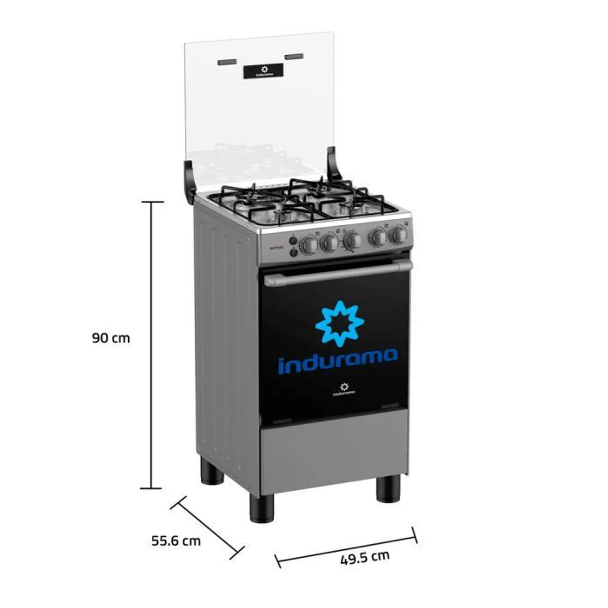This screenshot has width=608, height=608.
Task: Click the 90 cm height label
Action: (111, 338)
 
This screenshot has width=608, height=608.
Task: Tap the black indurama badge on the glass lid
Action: (263, 71)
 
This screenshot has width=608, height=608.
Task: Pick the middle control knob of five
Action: (352, 240)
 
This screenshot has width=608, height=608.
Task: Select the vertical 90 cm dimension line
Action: (151, 345)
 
